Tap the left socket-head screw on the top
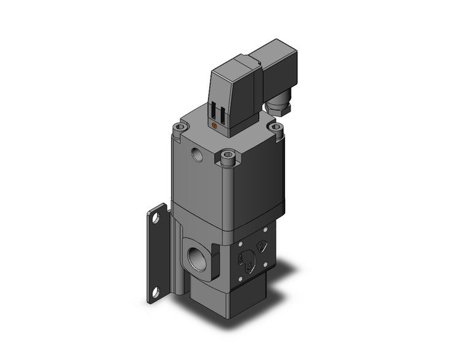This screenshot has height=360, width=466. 179,129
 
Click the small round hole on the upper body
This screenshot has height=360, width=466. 197,154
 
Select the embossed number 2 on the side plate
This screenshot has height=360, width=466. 262,247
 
